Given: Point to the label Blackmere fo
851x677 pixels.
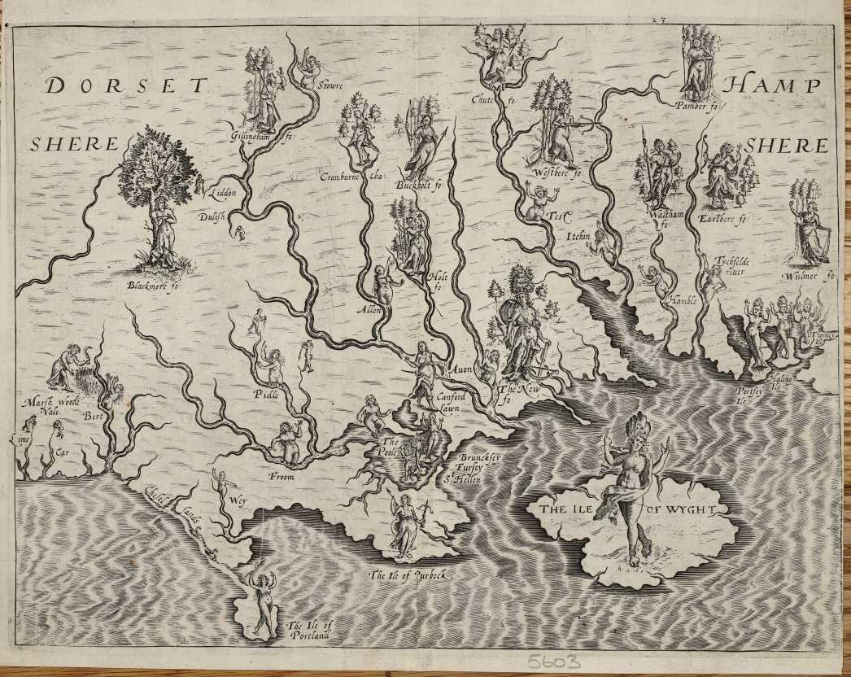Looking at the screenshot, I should (x=152, y=285).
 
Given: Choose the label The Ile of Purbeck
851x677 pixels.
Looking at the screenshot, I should (x=409, y=575).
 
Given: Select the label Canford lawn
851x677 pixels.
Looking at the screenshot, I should (x=452, y=400).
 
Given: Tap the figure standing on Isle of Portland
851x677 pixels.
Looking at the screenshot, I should (x=262, y=602).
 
